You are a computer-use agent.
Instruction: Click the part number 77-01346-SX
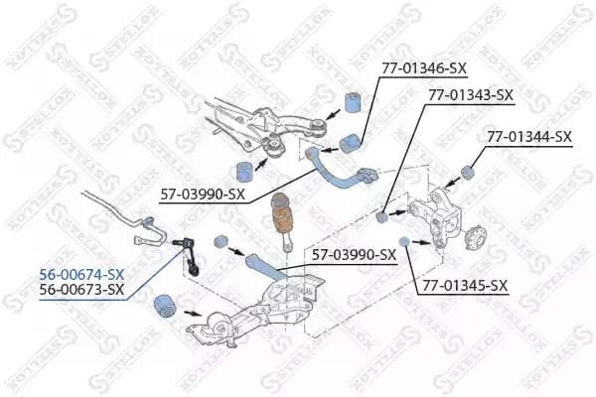[x=424, y=68]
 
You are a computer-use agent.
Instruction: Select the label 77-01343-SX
[x=471, y=94]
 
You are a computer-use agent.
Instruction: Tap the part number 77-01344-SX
[x=529, y=136]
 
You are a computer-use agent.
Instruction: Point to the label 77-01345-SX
[x=465, y=285]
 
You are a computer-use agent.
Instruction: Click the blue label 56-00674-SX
[x=81, y=274]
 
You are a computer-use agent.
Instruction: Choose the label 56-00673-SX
[x=81, y=290]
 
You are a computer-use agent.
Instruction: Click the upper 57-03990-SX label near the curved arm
[x=203, y=195]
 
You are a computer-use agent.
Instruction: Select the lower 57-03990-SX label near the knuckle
[x=355, y=254]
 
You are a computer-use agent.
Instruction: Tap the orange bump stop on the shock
[x=284, y=223]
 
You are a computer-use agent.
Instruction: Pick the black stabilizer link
[x=188, y=255]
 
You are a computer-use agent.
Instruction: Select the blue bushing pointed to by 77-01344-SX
[x=467, y=172]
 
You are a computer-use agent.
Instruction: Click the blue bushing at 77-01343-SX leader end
[x=381, y=217]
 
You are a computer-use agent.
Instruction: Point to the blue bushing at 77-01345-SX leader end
[x=404, y=241]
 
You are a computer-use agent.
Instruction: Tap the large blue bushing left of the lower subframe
[x=165, y=307]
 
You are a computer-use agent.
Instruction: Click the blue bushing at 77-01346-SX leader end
[x=352, y=144]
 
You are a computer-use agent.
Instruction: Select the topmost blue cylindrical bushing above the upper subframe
[x=353, y=102]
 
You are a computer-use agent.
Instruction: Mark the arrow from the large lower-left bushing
[x=193, y=314]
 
